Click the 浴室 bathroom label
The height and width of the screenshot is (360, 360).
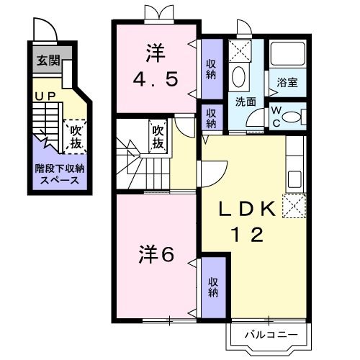(287, 83)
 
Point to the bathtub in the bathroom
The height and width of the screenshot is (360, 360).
(288, 55)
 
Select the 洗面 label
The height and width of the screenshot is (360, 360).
(246, 102)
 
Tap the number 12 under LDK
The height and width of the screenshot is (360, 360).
(246, 234)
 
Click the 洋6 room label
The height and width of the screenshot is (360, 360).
(157, 254)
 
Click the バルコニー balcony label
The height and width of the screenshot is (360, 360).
(269, 335)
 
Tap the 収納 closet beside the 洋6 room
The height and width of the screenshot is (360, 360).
(213, 287)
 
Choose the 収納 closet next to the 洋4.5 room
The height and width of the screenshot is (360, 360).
(211, 70)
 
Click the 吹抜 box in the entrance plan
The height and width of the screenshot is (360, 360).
(74, 137)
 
